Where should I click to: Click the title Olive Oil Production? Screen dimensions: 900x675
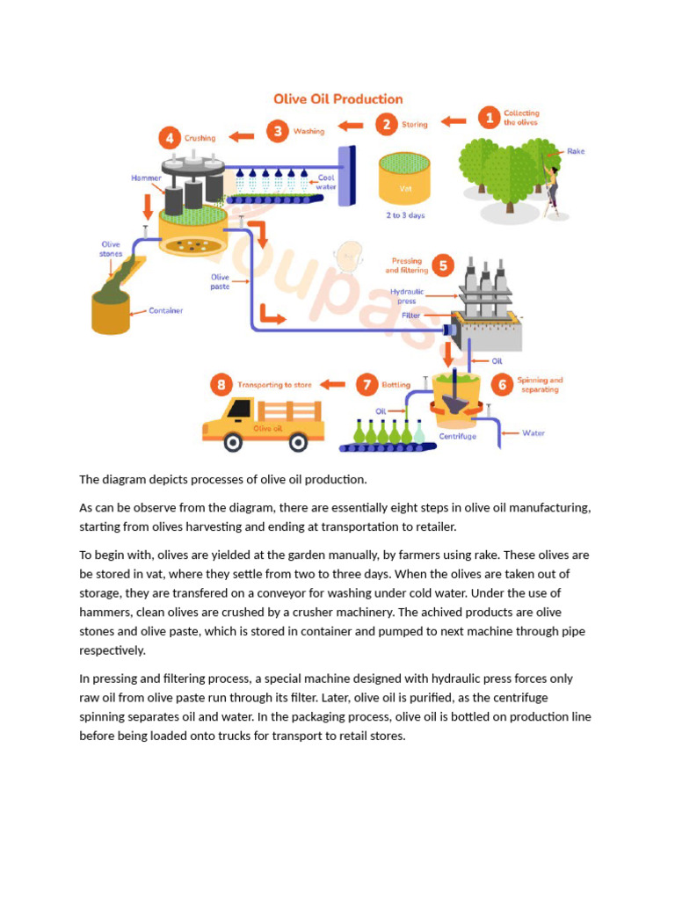337,99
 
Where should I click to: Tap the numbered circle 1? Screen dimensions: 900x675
488,118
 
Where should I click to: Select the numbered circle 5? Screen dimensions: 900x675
443,265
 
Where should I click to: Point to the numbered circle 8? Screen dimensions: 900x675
221,384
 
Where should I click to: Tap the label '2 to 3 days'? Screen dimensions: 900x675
405,215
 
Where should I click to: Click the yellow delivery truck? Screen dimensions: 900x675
263,423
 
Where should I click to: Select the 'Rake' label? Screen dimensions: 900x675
576,151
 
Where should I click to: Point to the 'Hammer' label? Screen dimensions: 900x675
146,178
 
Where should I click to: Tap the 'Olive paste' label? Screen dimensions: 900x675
220,281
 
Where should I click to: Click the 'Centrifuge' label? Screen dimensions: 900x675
457,436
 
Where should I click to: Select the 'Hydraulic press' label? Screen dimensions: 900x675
407,296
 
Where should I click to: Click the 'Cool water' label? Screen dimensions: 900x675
326,182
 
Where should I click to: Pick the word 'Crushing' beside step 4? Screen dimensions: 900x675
200,138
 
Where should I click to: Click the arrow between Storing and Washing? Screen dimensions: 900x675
350,127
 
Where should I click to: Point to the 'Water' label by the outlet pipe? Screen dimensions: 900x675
533,432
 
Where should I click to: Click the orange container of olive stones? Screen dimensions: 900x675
111,314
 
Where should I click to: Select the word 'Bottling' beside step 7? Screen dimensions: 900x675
396,384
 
